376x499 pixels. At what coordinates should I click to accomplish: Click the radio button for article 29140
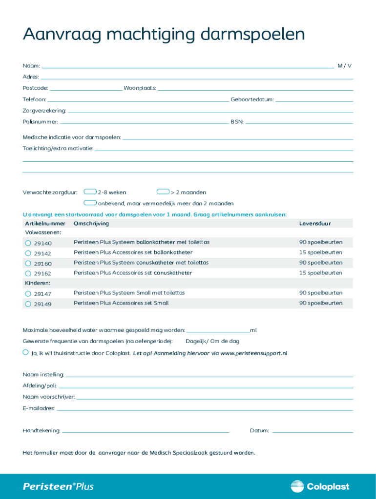[x=28, y=243]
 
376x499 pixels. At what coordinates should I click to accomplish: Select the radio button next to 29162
[x=28, y=273]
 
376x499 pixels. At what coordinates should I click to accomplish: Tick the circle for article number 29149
[x=28, y=304]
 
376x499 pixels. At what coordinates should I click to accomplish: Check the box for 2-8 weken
[x=90, y=192]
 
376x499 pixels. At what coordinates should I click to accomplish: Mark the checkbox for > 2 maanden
[x=163, y=192]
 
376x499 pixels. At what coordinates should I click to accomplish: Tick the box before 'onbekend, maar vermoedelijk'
[x=90, y=203]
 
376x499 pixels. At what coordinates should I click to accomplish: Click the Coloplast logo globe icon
[x=297, y=486]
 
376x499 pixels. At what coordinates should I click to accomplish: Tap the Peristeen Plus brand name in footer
[x=58, y=486]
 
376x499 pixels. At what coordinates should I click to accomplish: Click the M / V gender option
[x=344, y=66]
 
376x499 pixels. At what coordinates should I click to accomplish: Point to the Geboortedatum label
[x=252, y=99]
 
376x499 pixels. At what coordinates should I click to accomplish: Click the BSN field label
[x=237, y=121]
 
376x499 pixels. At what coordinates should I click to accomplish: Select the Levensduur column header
[x=315, y=223]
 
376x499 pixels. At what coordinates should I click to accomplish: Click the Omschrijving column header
[x=91, y=223]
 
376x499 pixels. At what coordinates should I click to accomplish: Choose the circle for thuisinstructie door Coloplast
[x=25, y=352]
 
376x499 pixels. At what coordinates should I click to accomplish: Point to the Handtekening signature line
[x=146, y=431]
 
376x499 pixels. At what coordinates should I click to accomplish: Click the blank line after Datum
[x=313, y=431]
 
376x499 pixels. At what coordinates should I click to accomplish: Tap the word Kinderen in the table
[x=38, y=283]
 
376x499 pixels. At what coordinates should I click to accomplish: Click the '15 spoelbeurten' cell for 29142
[x=321, y=252]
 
